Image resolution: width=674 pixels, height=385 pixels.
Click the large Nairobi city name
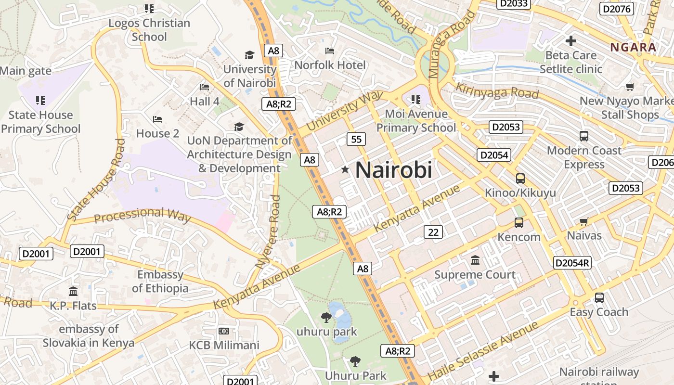(x=393, y=170)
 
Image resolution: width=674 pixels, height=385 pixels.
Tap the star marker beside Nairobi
(x=345, y=169)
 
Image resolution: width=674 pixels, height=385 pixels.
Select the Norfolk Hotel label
(x=330, y=65)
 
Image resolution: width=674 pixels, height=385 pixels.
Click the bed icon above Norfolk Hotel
(x=330, y=51)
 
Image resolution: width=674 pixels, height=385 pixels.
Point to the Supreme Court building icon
(x=475, y=260)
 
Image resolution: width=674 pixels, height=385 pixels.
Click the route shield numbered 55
(x=356, y=140)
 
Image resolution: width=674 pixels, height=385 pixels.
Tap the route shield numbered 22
(x=433, y=232)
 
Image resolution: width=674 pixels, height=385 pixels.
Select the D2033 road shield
(x=515, y=4)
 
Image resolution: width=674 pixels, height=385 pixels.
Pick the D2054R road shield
(x=572, y=263)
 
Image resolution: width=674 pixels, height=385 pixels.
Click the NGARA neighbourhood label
(x=633, y=47)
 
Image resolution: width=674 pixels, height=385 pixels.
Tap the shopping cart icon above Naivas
(x=584, y=221)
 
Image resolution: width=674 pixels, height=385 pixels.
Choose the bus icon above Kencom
(x=518, y=223)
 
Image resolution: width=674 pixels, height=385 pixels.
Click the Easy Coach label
(x=599, y=312)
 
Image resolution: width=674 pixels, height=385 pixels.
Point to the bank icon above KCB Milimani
(x=223, y=331)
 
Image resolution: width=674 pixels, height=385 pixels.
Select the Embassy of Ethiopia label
(x=160, y=282)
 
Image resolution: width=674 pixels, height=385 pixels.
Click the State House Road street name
(x=95, y=180)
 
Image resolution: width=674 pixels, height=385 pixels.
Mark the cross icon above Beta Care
(x=571, y=41)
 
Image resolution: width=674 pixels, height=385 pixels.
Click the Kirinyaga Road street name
(x=497, y=90)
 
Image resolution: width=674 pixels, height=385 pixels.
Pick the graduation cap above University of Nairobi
(x=249, y=55)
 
